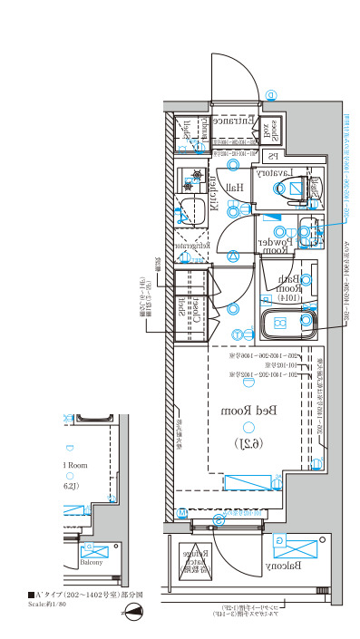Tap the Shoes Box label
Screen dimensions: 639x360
269,130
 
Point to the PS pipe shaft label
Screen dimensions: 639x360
272,156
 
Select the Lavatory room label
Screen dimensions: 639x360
271,171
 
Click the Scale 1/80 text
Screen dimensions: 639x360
47,603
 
